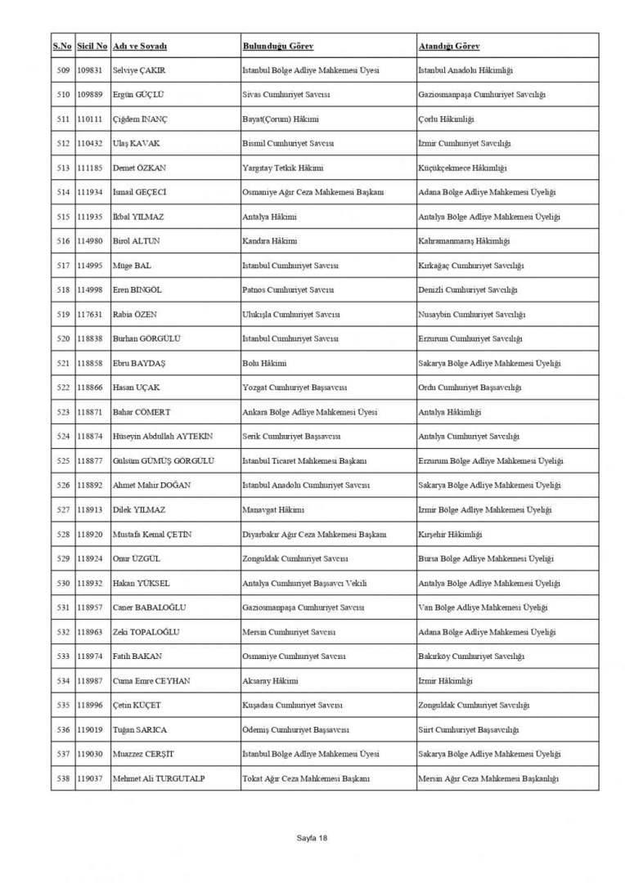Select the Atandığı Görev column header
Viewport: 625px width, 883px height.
[x=448, y=46]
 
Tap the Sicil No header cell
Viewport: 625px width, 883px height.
[x=92, y=46]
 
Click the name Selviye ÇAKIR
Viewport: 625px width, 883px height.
[x=139, y=71]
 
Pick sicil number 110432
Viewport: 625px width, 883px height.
[x=92, y=144]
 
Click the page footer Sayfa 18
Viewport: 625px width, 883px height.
[x=312, y=838]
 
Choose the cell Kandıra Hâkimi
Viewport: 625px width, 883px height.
[x=270, y=241]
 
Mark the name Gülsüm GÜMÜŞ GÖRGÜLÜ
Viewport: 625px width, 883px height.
[x=163, y=461]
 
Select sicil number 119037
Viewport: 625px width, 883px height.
[x=92, y=778]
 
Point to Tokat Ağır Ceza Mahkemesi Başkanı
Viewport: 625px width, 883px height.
[x=307, y=778]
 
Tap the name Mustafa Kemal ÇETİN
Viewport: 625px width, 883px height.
[x=152, y=535]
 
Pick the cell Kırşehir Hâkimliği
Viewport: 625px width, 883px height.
[x=450, y=535]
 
